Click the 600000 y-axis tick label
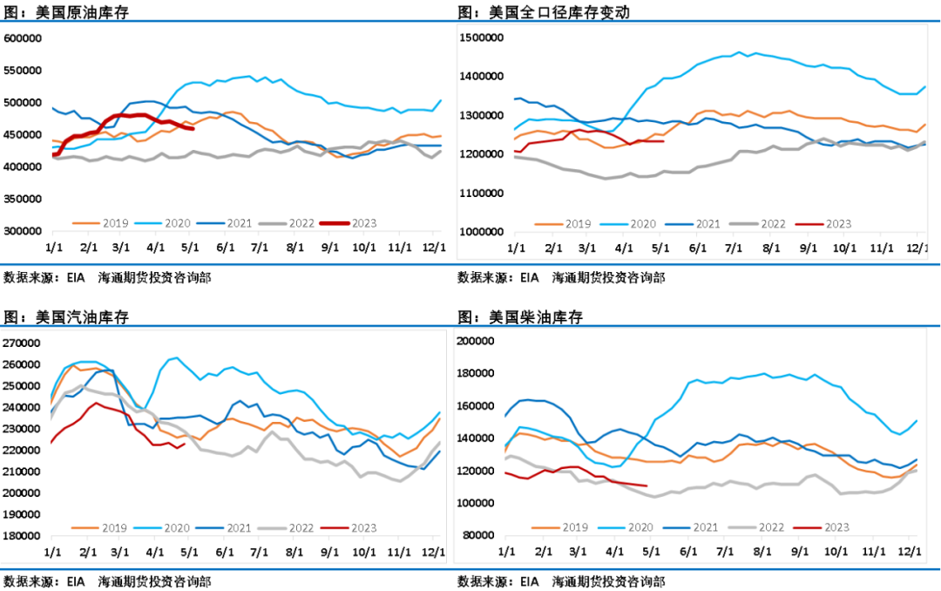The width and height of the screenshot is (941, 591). (24, 38)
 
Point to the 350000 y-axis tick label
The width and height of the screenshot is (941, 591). (24, 199)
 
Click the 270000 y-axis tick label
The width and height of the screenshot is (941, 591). (24, 343)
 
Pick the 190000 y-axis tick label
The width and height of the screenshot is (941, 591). (24, 514)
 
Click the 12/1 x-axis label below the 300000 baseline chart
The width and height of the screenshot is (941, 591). (433, 248)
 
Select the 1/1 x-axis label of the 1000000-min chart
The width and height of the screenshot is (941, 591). (516, 248)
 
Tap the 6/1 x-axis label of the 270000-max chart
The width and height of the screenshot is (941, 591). (225, 553)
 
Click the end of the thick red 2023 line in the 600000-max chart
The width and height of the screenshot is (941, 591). (193, 129)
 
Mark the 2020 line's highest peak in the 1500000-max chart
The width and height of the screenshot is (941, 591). (740, 52)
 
